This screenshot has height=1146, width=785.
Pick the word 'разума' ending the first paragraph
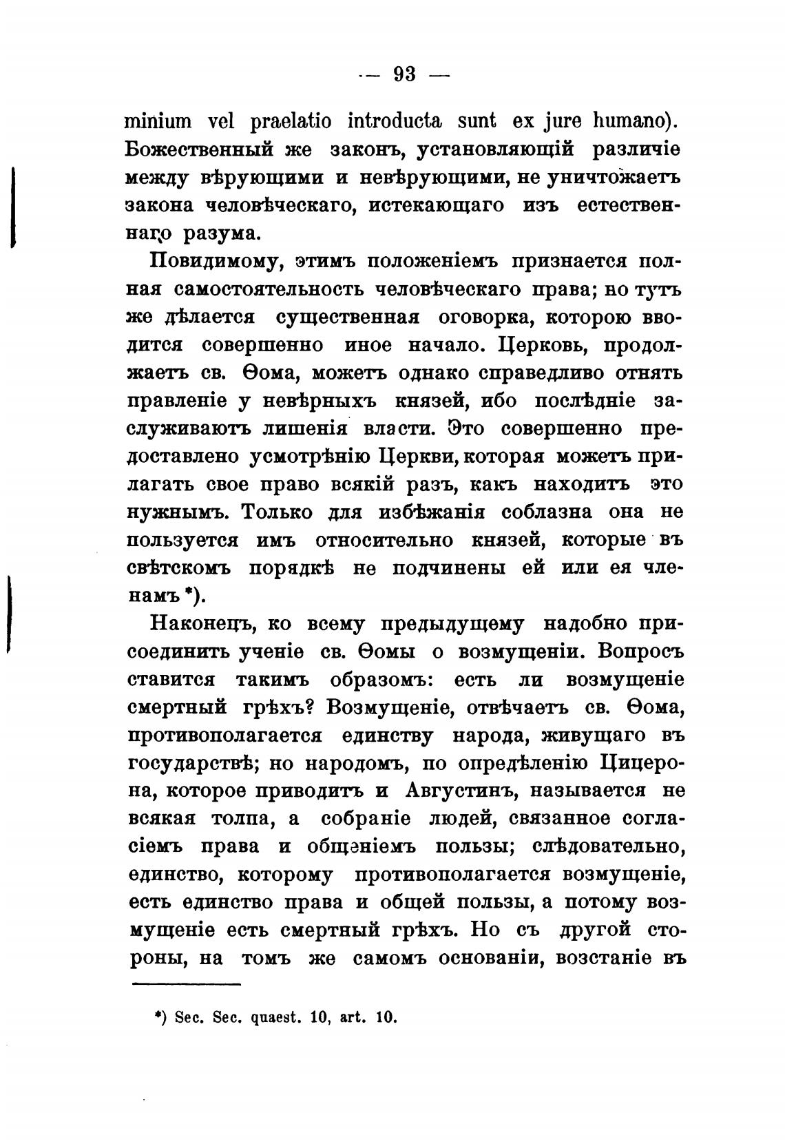click(222, 233)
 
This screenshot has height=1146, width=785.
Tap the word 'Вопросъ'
click(640, 652)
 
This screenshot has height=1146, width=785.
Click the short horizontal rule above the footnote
click(185, 985)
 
